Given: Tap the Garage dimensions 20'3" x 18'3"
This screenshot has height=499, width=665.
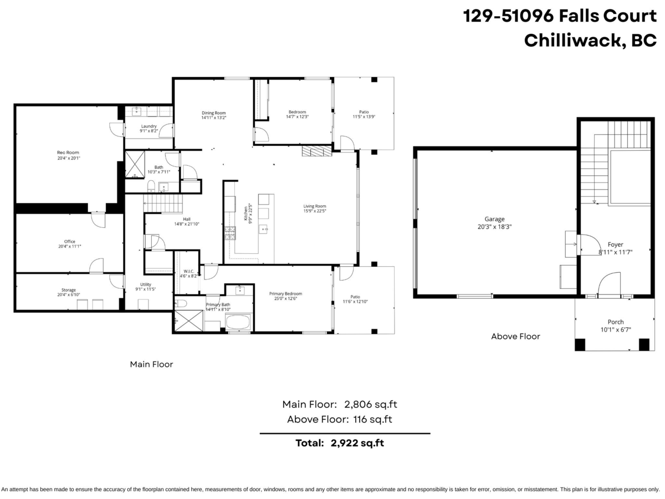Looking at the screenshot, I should click(494, 227).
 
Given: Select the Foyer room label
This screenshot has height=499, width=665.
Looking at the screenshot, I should click(615, 245).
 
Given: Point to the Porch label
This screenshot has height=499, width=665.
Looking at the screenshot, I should click(615, 322).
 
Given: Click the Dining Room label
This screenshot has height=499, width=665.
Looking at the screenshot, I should click(213, 113).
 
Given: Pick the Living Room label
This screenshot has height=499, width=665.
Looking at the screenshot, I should click(314, 206).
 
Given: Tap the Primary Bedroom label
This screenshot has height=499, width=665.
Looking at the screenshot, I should click(285, 293).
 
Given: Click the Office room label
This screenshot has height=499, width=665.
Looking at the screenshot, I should click(69, 241).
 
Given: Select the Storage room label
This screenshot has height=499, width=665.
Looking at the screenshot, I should click(69, 290).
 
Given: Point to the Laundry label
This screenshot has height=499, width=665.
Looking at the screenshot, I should click(149, 126).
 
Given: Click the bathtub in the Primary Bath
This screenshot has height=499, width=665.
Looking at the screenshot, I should click(239, 322).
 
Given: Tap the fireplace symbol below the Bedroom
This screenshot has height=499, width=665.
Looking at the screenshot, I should click(316, 151).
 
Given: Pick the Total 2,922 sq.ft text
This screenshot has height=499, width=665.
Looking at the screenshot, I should click(340, 443).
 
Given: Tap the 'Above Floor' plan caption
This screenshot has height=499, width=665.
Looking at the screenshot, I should click(515, 336).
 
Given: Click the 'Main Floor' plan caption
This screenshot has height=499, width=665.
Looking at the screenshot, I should click(151, 364).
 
